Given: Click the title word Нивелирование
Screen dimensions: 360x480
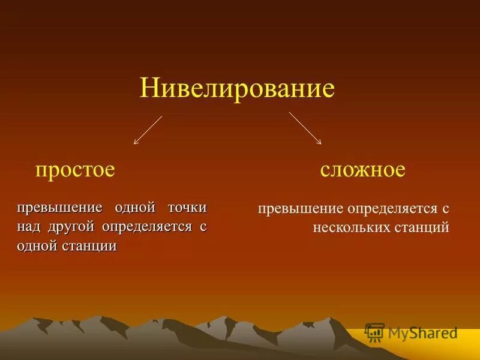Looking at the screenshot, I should click(x=237, y=89).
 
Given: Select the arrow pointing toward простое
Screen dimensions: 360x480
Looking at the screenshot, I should click(x=148, y=130).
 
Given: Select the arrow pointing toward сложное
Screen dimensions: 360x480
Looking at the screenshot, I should click(x=305, y=128).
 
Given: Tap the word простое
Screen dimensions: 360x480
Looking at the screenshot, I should click(x=75, y=170).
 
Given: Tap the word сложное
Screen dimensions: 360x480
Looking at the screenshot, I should click(x=362, y=170).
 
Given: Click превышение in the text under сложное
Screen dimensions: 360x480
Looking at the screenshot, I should click(x=299, y=209).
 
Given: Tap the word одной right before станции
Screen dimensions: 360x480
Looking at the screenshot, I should click(x=37, y=247).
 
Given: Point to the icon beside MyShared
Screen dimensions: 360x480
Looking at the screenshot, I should click(x=374, y=332).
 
